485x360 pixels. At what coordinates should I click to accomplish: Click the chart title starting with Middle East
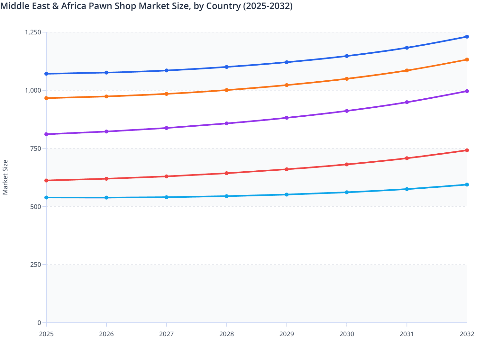(146, 6)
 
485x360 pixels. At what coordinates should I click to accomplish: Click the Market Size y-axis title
(5, 177)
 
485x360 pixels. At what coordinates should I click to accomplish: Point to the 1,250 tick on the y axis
(33, 32)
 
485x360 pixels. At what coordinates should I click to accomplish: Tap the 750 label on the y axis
(36, 148)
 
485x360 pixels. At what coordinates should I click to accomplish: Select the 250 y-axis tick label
(36, 265)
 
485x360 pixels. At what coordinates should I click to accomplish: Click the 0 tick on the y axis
(39, 323)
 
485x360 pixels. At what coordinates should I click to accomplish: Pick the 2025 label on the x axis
(46, 334)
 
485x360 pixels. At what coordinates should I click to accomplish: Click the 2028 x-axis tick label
(226, 334)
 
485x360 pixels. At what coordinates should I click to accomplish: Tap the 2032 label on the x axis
(467, 334)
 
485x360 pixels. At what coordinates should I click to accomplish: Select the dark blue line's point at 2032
(467, 37)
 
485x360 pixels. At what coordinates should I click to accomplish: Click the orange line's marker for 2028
(226, 90)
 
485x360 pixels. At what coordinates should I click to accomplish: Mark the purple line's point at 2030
(347, 111)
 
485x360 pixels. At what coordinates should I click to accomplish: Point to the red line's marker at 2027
(167, 176)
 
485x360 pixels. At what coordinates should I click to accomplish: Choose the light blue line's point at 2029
(287, 194)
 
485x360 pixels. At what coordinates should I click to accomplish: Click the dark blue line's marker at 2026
(106, 73)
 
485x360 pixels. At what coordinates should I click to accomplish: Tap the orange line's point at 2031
(407, 70)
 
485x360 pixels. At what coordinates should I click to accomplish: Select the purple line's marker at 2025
(46, 134)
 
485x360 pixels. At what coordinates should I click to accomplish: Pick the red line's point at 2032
(467, 150)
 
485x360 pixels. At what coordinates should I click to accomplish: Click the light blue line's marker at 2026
(106, 197)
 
